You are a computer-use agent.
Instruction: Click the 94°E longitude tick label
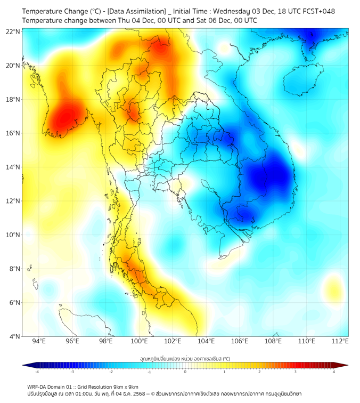point(39,341)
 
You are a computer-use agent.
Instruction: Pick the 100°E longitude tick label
point(140,341)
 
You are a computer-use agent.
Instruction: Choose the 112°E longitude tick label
point(340,341)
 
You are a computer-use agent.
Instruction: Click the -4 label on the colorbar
point(37,372)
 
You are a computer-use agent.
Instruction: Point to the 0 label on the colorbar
point(185,372)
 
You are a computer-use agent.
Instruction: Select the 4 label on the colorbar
point(333,372)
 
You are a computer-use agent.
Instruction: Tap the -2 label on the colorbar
point(111,372)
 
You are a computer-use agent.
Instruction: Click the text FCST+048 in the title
point(319,11)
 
